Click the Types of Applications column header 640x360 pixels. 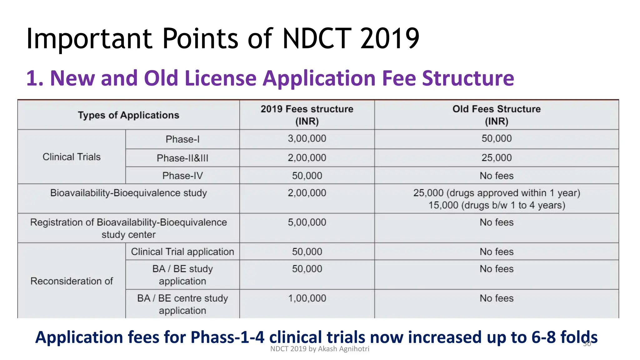point(128,115)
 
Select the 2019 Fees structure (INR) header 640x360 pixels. point(307,115)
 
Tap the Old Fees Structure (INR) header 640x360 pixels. point(496,115)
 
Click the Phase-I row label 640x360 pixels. point(182,139)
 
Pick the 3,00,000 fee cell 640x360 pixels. point(307,138)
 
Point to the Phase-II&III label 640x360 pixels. point(182,158)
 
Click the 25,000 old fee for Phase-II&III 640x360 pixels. point(496,157)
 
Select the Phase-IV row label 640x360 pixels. point(182,176)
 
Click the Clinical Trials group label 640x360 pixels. point(72,157)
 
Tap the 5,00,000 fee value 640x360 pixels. point(307,222)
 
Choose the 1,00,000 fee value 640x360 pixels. point(307,298)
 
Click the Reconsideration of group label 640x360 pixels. point(72,281)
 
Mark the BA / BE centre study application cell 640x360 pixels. point(182,304)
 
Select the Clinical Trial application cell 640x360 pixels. point(182,252)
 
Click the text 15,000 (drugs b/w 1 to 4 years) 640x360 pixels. point(496,205)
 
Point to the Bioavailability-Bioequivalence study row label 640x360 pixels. point(128,193)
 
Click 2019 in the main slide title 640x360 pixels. point(389,39)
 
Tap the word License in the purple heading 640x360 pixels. point(220,78)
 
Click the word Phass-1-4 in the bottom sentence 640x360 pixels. point(227,337)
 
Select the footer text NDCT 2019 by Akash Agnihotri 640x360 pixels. point(319,349)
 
